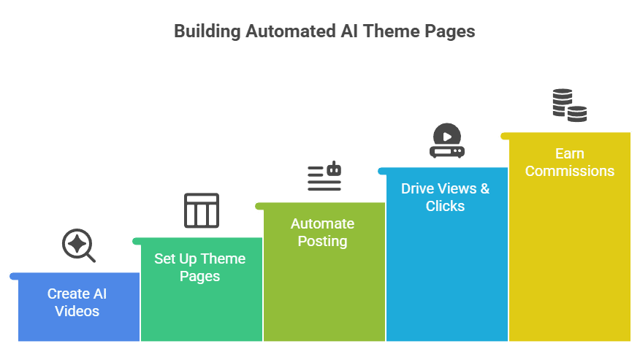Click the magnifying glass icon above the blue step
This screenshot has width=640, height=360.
tap(78, 245)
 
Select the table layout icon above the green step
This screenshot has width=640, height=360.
tap(202, 210)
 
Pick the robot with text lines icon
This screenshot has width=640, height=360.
tap(324, 176)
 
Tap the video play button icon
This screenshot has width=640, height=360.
tap(447, 141)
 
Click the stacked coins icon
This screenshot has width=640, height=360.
tap(569, 104)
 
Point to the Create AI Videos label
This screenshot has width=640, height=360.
tap(77, 302)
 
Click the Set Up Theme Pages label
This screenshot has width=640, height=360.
tap(199, 267)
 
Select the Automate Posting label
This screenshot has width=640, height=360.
tap(322, 232)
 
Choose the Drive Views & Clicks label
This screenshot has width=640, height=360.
tap(445, 197)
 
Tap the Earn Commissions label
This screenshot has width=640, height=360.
tap(569, 162)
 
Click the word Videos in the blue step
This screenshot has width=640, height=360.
tap(77, 311)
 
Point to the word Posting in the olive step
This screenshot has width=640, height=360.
tap(322, 241)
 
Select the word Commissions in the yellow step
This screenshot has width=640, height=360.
tap(569, 171)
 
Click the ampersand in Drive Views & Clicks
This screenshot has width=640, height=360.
tap(484, 188)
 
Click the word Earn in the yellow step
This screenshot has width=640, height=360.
tap(569, 153)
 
